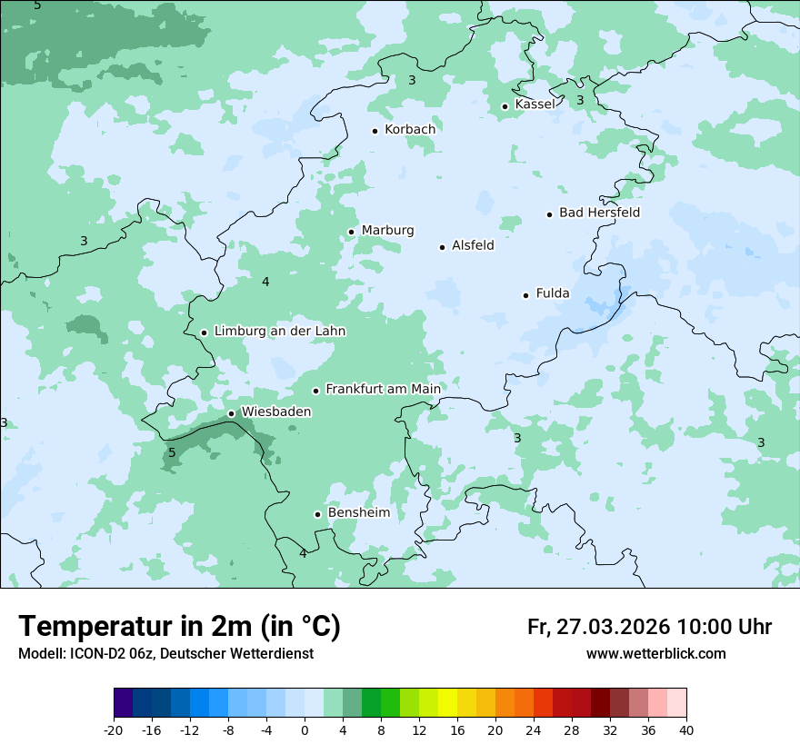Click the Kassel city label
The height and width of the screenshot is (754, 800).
[535, 104]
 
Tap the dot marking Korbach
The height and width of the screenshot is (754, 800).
[375, 131]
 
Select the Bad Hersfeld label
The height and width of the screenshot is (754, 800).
[599, 213]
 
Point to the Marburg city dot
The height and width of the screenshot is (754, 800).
[352, 232]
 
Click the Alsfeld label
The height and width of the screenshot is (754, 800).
[473, 245]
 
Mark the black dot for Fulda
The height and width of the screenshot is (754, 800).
[525, 295]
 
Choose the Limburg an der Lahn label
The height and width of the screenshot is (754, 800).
[279, 332]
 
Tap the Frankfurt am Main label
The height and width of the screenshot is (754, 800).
[383, 389]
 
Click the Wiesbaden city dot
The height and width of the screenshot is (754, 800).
[232, 413]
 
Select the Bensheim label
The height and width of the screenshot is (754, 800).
[358, 512]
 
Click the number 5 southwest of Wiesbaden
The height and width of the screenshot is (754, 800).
[172, 452]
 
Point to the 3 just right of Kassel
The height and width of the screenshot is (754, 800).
[580, 100]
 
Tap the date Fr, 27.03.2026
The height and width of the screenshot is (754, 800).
[598, 627]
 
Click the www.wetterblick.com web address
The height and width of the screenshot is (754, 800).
[655, 654]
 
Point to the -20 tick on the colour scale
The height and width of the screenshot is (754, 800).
[114, 729]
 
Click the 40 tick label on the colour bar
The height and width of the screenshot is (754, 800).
[685, 729]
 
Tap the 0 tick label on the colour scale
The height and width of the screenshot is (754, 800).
[305, 729]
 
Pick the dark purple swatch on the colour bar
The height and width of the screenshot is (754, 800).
[123, 703]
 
